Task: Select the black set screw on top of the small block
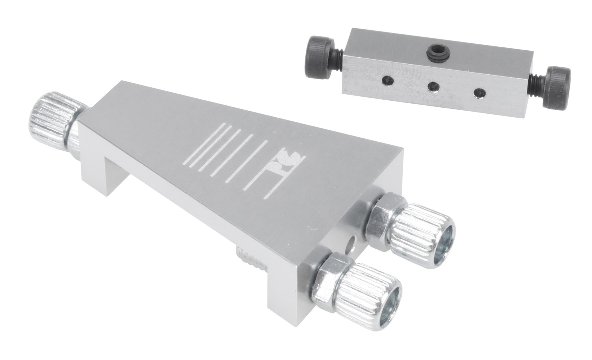[435, 52]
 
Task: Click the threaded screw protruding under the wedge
[252, 261]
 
